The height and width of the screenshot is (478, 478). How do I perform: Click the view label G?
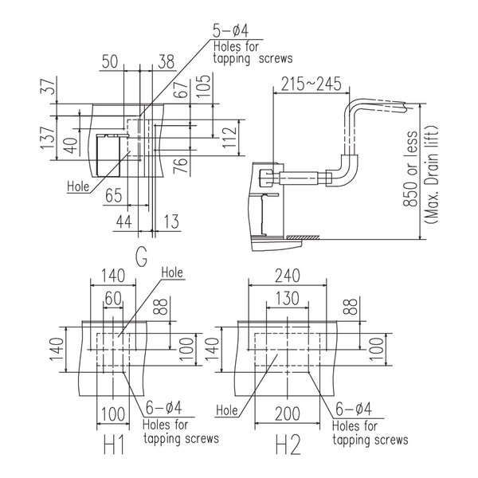141,257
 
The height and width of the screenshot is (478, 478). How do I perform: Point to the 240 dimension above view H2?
286,276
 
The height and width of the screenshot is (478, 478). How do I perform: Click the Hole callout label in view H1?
173,274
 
